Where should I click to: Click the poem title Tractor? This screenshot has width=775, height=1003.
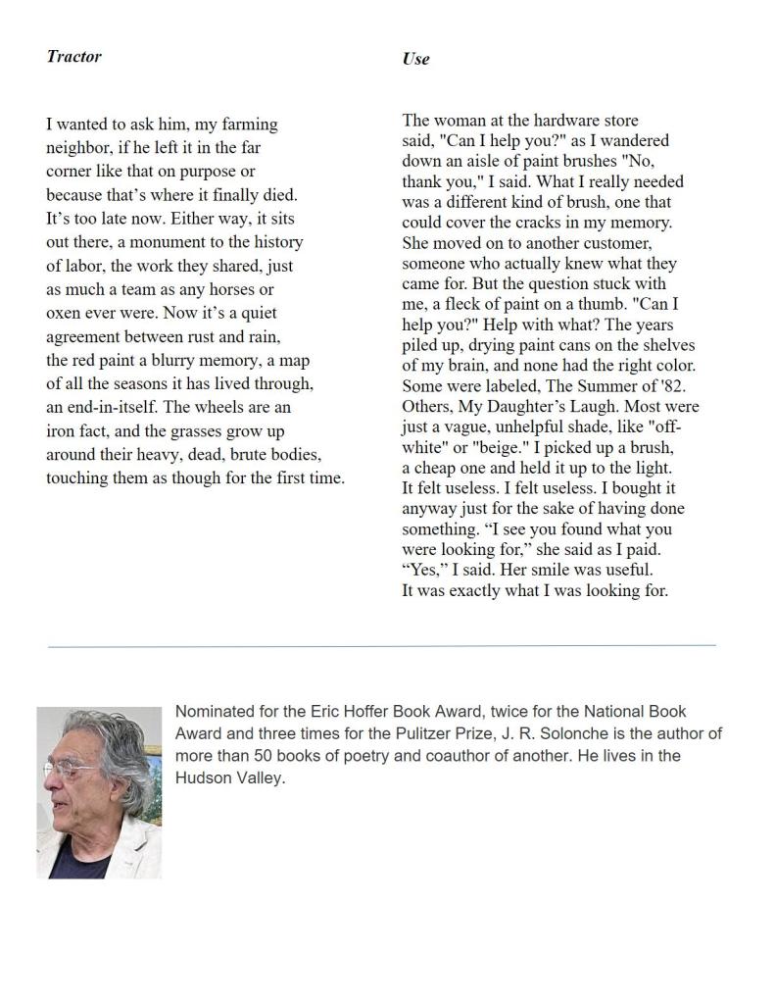(x=73, y=56)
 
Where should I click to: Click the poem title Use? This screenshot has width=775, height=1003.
(x=415, y=59)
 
